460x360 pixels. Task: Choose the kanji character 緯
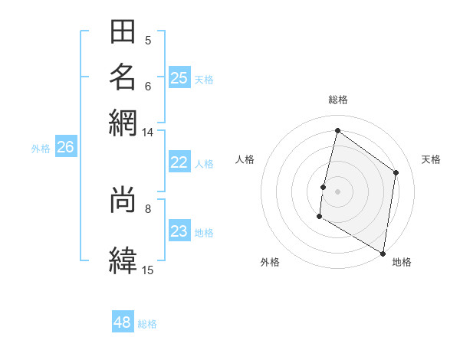(x=123, y=260)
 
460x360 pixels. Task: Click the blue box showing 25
(x=179, y=77)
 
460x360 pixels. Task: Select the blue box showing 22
(x=179, y=162)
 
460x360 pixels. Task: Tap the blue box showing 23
(x=179, y=231)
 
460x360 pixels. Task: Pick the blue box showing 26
(x=65, y=147)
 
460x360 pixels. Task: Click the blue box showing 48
(x=123, y=322)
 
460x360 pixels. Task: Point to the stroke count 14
(x=147, y=133)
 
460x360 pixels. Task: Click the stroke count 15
(x=147, y=270)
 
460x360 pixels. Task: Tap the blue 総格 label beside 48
(x=147, y=324)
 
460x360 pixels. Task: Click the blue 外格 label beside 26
(x=41, y=149)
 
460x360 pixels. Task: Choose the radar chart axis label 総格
(x=338, y=100)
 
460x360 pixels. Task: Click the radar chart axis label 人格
(x=245, y=159)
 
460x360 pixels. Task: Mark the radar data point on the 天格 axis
(x=396, y=172)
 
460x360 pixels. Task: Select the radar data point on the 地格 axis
(x=383, y=253)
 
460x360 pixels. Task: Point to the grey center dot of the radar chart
(x=337, y=191)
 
